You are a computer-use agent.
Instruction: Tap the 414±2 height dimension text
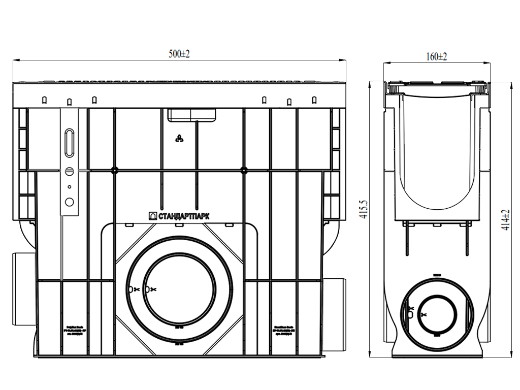pyautogui.click(x=505, y=220)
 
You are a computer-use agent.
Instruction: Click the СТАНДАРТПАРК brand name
pyautogui.click(x=183, y=216)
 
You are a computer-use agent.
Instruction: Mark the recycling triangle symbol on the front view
pyautogui.click(x=179, y=139)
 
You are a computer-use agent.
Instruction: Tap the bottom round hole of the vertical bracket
pyautogui.click(x=70, y=202)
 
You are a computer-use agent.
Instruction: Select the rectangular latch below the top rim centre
pyautogui.click(x=191, y=114)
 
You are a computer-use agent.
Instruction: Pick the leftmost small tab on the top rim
pyautogui.click(x=45, y=100)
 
